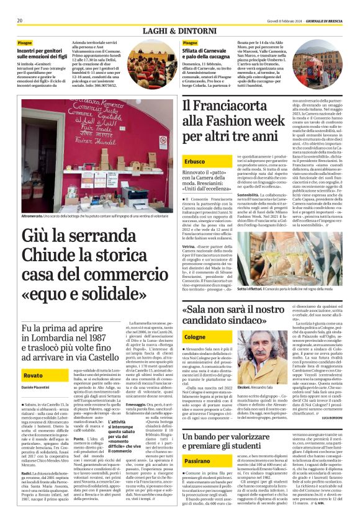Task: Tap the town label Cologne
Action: pos(195,336)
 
